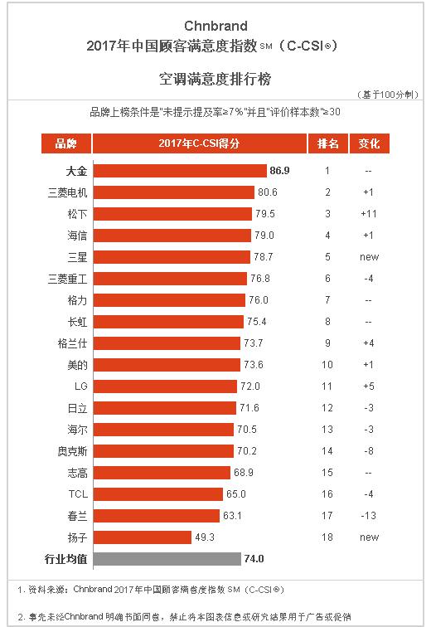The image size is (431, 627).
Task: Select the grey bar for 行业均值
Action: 167,559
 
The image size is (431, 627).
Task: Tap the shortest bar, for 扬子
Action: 142,537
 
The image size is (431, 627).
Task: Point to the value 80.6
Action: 269,192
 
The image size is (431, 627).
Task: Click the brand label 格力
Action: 76,300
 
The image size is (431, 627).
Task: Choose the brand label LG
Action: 80,386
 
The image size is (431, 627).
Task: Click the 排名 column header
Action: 327,143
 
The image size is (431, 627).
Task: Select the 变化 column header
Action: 369,143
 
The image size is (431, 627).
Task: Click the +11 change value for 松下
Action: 369,214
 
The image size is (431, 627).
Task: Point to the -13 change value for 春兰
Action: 369,516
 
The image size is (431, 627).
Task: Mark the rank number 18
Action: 327,537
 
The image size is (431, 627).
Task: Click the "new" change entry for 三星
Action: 369,257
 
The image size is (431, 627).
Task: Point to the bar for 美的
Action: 168,365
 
